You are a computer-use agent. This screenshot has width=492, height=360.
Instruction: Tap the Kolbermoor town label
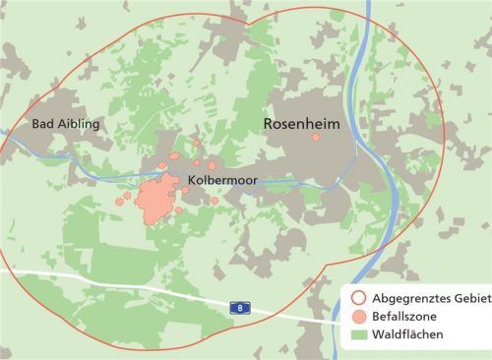point(222,182)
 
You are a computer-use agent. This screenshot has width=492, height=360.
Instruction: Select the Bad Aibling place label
point(67,124)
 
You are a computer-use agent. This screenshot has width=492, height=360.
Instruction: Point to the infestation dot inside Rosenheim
point(316,139)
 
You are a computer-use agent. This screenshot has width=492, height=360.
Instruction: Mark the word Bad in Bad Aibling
point(43,124)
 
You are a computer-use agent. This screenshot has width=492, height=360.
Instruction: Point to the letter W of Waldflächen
point(376,335)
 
